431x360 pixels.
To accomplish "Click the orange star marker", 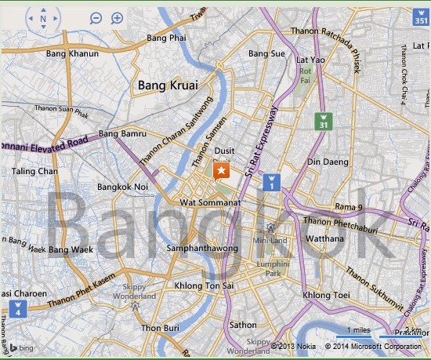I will click(223, 171).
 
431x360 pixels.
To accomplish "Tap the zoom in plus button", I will click(117, 17).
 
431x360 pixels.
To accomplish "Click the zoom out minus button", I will click(96, 17).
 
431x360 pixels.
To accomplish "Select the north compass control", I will click(42, 18).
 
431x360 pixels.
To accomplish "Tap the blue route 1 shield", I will click(271, 183).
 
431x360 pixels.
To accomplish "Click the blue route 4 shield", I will click(17, 307).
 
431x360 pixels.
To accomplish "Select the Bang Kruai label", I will click(167, 84).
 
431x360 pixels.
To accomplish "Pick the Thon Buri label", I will click(161, 328).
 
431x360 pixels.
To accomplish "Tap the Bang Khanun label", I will click(73, 54).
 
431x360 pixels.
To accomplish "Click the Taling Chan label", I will click(34, 171).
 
